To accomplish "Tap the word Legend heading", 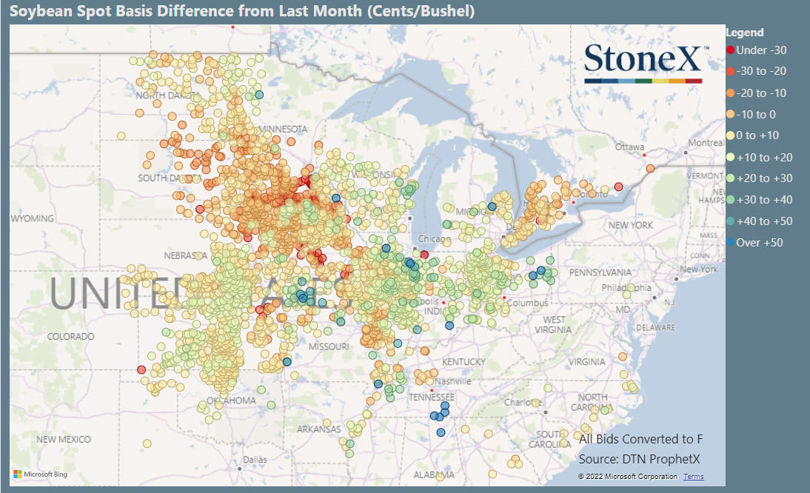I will coord(745,32).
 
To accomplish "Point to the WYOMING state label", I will coord(32,218).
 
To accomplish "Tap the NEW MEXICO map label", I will coord(63,439).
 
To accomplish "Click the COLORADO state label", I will coord(71,336).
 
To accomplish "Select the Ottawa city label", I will coord(630,147).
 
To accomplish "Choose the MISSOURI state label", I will coord(329,346).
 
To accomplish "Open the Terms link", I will coord(693,476).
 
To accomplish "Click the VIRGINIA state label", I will coord(588,362).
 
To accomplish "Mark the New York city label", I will coord(699,269).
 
